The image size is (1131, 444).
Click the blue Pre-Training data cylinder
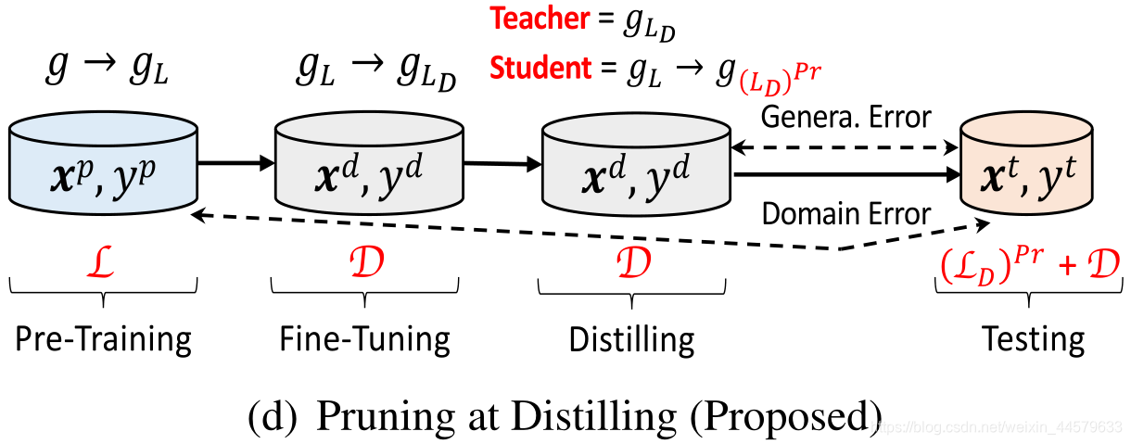104,166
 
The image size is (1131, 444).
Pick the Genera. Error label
845,118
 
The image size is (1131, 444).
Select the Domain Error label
845,214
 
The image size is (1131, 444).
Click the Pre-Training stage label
103,340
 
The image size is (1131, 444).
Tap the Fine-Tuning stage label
365,340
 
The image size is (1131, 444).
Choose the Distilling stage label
631,340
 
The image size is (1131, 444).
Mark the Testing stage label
1034,340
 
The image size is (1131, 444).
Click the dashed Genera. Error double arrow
845,146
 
